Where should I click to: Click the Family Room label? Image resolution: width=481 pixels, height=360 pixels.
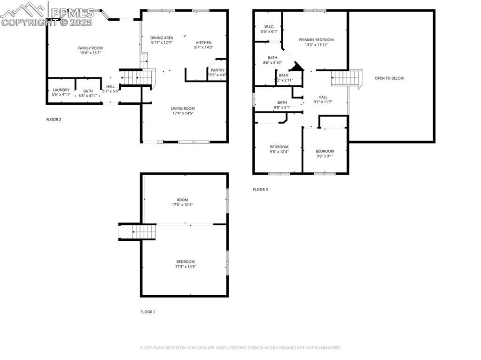(x=90, y=48)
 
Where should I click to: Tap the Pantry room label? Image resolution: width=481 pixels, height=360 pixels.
(x=217, y=70)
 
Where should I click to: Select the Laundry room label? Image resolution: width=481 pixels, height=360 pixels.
(x=61, y=90)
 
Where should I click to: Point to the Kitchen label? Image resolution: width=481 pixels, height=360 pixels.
(x=203, y=43)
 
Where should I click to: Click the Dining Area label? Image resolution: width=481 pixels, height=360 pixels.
(x=162, y=38)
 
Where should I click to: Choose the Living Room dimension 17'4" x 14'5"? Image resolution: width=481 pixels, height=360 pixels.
(x=183, y=113)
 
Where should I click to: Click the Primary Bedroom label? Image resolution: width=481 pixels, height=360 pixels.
(x=316, y=40)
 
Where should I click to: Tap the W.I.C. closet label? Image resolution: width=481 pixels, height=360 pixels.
(x=269, y=27)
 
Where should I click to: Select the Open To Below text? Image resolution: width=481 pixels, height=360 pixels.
(x=389, y=78)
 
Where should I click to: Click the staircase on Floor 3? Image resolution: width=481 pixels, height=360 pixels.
(x=346, y=78)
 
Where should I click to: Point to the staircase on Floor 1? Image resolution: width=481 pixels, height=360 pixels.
(x=138, y=232)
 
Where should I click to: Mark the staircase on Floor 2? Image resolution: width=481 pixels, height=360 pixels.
(x=138, y=76)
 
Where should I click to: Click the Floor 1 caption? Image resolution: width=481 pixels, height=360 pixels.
(x=147, y=312)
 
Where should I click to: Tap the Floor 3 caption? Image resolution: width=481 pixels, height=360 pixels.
(x=260, y=190)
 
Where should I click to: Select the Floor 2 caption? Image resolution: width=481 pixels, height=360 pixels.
(x=54, y=119)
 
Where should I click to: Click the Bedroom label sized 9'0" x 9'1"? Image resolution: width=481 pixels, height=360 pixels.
(x=325, y=151)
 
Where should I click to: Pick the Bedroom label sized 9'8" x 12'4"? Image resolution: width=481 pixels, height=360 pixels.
(x=279, y=147)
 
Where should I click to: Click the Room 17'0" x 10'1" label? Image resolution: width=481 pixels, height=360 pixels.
(x=182, y=200)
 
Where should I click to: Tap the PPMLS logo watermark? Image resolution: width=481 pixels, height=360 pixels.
(x=47, y=14)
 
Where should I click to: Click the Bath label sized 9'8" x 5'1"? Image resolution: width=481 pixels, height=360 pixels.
(x=282, y=102)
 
